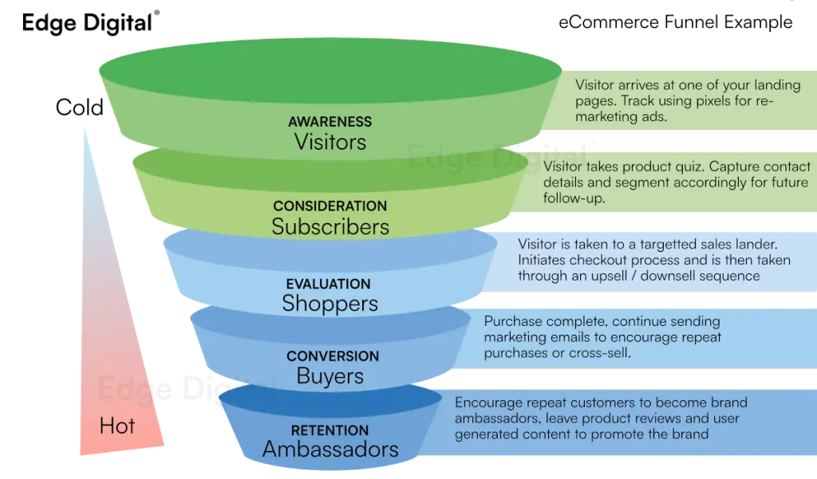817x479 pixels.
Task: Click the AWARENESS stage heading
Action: point(330,122)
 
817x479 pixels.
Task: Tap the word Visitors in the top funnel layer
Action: point(330,142)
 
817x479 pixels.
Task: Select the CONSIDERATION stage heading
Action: point(330,206)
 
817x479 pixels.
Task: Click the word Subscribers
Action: point(330,226)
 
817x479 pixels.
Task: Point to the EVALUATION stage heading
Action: point(328,284)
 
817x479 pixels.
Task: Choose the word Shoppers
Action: point(330,303)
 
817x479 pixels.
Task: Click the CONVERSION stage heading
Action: point(333,355)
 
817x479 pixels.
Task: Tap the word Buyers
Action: point(330,375)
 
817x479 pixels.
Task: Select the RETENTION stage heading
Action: point(330,430)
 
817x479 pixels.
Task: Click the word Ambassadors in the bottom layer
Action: point(330,450)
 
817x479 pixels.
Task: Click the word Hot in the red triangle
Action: point(116,426)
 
